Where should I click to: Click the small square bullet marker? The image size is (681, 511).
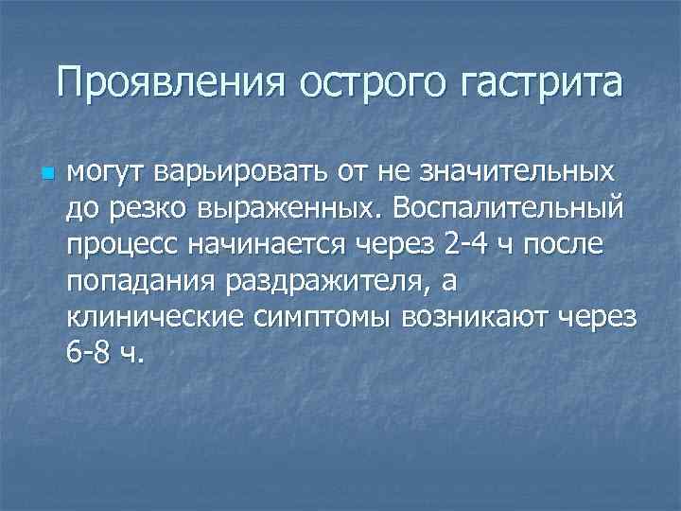[x=23, y=175]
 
